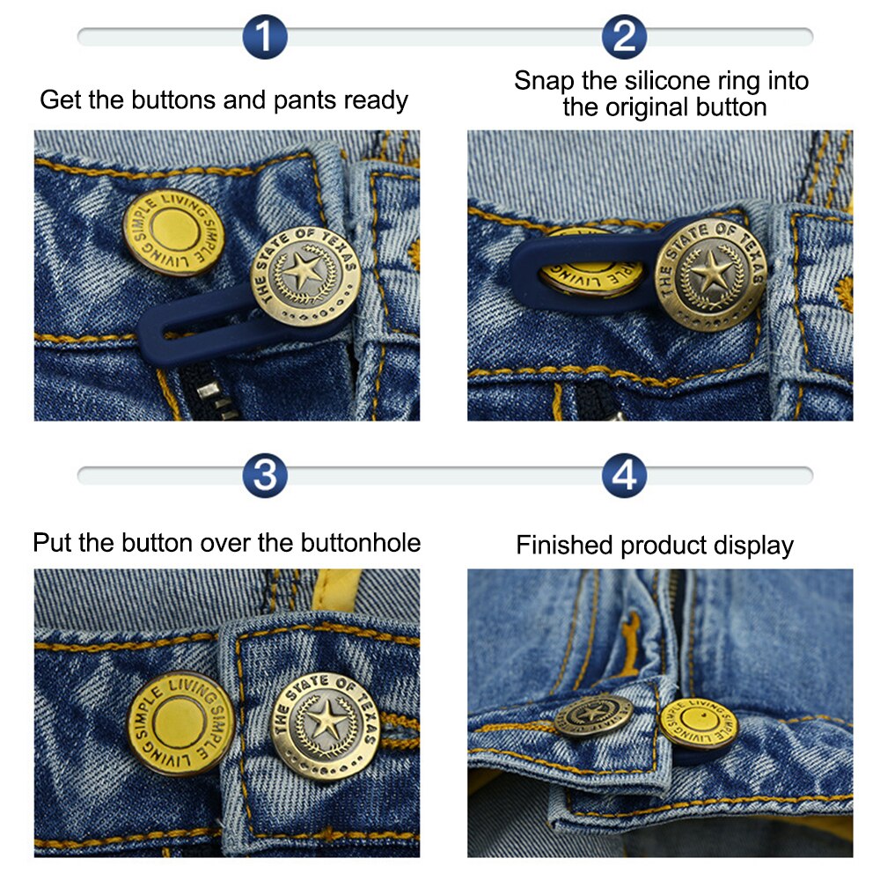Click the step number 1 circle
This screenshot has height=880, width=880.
tap(264, 37)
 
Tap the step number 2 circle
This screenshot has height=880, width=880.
tap(625, 37)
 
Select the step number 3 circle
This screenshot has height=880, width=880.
tap(264, 475)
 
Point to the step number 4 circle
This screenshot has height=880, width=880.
tap(625, 475)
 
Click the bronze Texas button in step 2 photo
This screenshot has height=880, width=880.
tap(709, 274)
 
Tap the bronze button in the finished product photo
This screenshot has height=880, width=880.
tap(592, 715)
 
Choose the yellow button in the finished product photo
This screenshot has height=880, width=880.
tap(698, 725)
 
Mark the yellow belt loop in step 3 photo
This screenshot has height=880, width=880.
tap(337, 587)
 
